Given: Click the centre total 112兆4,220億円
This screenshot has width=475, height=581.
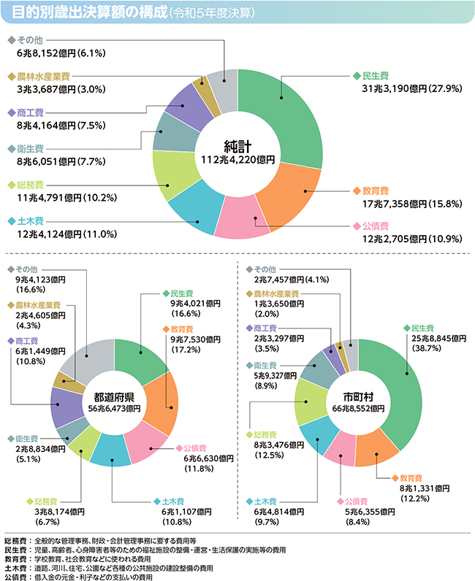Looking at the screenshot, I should click(x=237, y=159).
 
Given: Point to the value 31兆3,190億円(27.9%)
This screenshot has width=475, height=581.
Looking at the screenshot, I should click(x=398, y=89).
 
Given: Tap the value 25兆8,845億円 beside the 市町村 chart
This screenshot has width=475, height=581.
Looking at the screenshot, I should click(x=432, y=339).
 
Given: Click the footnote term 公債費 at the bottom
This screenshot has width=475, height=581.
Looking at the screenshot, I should click(x=15, y=576).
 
